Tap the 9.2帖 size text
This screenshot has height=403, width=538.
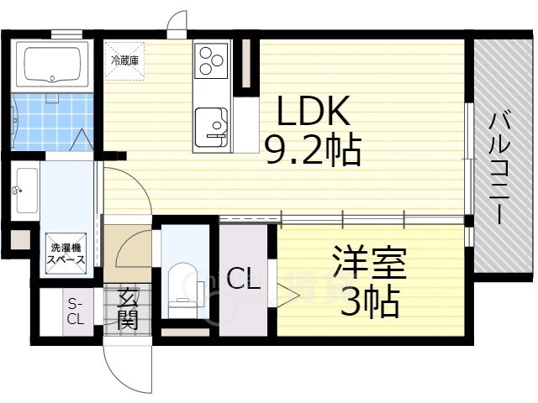[x=313, y=150]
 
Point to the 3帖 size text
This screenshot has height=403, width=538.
[x=369, y=302]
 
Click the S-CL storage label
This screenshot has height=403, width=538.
[x=76, y=311]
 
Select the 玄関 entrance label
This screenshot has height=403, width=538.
[x=128, y=308]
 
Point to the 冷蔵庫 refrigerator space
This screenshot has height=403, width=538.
[x=124, y=60]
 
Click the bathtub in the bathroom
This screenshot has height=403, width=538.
[x=55, y=65]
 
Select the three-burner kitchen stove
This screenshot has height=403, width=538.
[x=210, y=61]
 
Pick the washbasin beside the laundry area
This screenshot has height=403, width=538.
[x=26, y=192]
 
